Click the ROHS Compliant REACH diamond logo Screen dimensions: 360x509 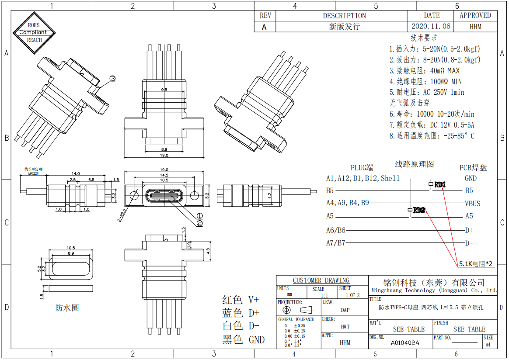tap(34, 33)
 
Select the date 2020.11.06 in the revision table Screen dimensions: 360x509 tap(432, 26)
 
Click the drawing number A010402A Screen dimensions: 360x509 tap(404, 343)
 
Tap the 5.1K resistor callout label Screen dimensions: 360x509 tap(476, 264)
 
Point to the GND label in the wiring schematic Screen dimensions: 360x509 tap(471, 178)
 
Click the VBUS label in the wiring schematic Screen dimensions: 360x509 tap(472, 203)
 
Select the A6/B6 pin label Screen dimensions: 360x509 tap(335, 230)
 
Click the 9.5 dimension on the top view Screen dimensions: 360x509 tap(164, 90)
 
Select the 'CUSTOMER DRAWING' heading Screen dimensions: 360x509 tap(321, 280)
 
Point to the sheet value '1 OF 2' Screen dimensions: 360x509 tap(352, 295)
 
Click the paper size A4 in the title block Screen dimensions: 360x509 tap(488, 344)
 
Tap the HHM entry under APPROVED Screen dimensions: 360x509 tap(475, 26)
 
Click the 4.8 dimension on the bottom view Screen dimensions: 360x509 tap(209, 251)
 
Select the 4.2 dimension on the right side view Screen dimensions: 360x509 tap(270, 195)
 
